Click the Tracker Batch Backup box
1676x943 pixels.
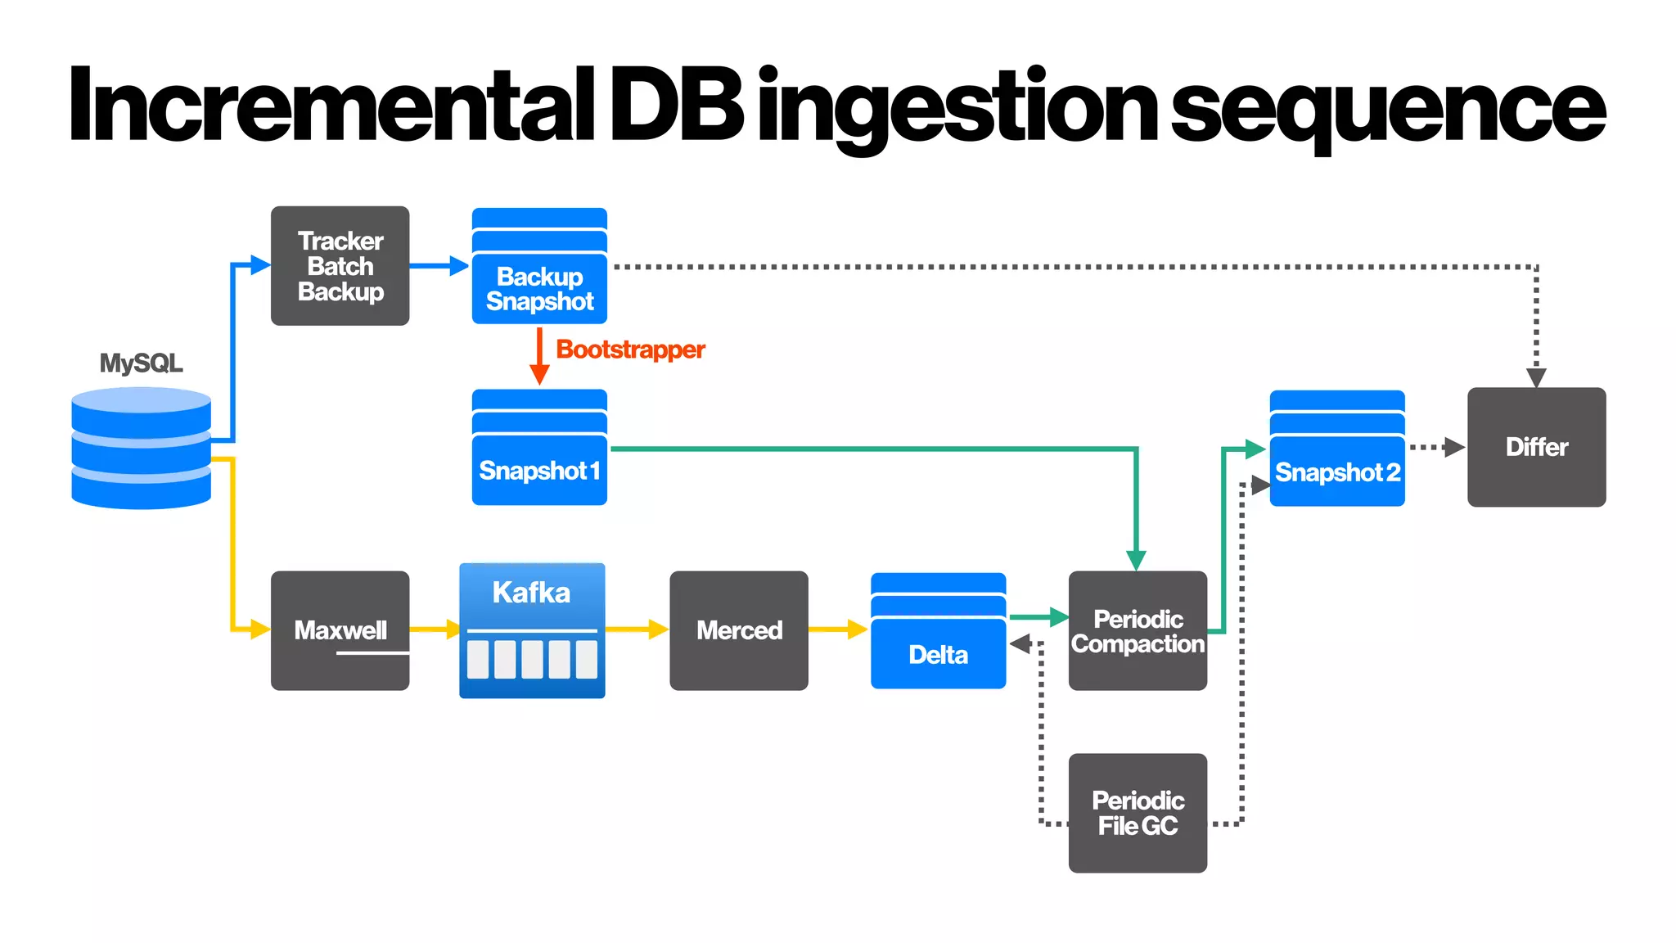[340, 265]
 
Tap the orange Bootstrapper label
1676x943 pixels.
[630, 350]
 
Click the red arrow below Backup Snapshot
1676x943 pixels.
[539, 356]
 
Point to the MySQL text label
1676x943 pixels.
[141, 363]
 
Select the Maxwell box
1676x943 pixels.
[340, 630]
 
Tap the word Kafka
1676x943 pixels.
[531, 593]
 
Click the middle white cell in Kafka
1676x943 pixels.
[532, 659]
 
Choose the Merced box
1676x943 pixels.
[738, 630]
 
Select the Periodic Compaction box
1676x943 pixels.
[1138, 631]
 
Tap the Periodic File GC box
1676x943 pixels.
[1138, 813]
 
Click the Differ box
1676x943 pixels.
[1536, 447]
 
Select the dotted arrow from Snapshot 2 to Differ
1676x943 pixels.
[1436, 447]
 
